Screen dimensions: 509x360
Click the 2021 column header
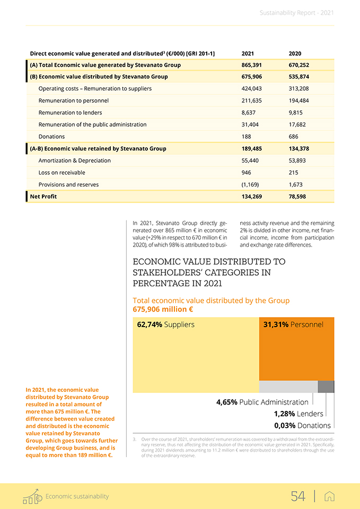coord(248,54)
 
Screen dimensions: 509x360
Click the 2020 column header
coord(295,54)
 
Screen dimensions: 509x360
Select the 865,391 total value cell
coord(251,65)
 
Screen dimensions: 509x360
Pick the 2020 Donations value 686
coord(294,136)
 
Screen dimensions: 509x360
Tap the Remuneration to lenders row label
coord(70,112)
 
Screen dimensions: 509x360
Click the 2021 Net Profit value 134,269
coord(251,196)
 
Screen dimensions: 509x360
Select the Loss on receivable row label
coord(62,172)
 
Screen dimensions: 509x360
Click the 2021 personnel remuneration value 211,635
coord(251,100)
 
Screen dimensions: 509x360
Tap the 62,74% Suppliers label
coord(165,324)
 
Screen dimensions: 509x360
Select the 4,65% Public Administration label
coord(262,402)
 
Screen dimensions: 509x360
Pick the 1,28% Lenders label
coord(298,414)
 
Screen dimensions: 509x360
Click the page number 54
coord(298,496)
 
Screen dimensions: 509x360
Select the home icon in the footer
coord(329,496)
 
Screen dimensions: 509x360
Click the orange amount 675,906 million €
coord(163,309)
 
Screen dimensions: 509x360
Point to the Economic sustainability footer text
coord(77,496)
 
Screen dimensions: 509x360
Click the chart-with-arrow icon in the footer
coord(32,496)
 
